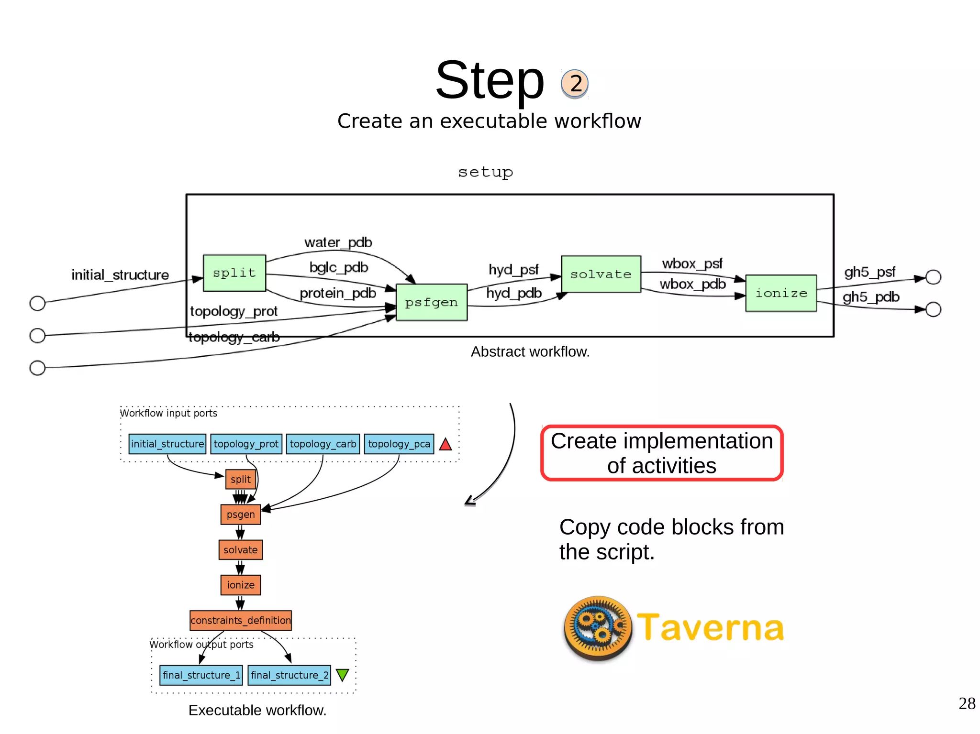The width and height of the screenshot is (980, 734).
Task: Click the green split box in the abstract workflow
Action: click(x=234, y=273)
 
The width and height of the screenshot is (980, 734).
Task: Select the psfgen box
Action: click(x=432, y=302)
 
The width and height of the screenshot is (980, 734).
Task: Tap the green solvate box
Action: click(x=601, y=274)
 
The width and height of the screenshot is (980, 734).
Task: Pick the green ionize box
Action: click(x=781, y=293)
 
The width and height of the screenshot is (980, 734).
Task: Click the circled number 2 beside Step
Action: click(x=575, y=84)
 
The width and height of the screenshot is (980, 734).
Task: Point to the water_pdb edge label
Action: click(x=338, y=242)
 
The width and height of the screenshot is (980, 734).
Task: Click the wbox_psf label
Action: click(x=692, y=263)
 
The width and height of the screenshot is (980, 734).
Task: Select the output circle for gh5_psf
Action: click(x=933, y=277)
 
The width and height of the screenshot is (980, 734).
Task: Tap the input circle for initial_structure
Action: click(x=37, y=303)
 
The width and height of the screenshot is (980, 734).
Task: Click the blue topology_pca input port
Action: click(x=399, y=444)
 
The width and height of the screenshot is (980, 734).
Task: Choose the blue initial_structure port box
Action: click(x=167, y=444)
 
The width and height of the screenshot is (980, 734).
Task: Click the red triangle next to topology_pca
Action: click(x=445, y=445)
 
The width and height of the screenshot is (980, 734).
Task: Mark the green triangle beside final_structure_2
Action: click(x=343, y=675)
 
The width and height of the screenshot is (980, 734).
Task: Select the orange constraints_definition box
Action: click(x=241, y=620)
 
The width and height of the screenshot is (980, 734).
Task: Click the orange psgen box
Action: click(x=241, y=515)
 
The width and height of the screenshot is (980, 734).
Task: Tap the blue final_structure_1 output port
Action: click(x=201, y=675)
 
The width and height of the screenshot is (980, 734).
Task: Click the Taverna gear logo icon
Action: click(x=598, y=628)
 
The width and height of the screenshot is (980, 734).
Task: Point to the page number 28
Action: click(x=967, y=703)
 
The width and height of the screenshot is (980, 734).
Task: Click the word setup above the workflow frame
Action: click(x=485, y=172)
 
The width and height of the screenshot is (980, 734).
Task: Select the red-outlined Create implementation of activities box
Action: click(x=662, y=453)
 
